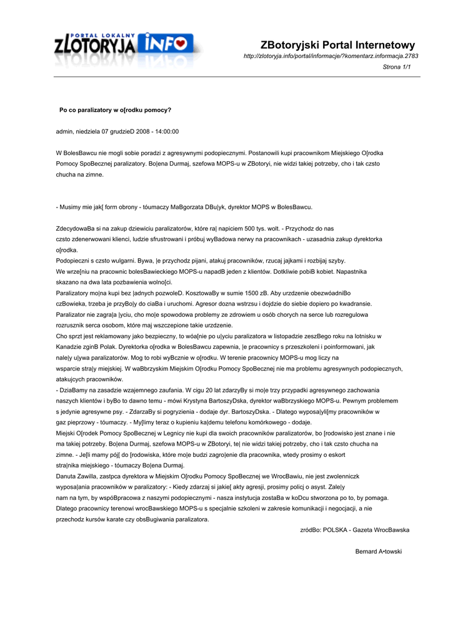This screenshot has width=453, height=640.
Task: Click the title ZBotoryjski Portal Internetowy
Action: (x=337, y=45)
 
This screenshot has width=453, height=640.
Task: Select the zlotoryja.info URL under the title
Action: (x=331, y=56)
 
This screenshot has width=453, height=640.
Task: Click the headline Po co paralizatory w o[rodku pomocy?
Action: (x=115, y=109)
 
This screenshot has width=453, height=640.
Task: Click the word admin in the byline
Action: (x=64, y=131)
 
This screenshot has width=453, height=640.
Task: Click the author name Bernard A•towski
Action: (x=378, y=551)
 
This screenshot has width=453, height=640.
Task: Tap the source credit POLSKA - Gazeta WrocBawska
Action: (x=366, y=529)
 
